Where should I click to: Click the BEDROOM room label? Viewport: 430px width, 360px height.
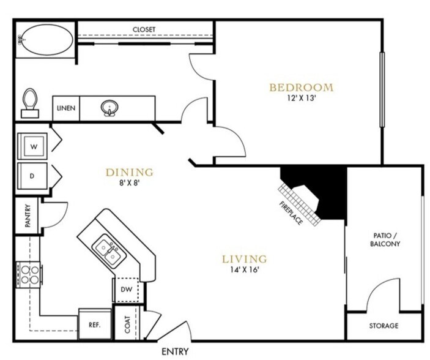tap(302, 87)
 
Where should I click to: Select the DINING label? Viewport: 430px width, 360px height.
tap(129, 172)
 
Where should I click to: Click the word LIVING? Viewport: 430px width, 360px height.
tap(244, 258)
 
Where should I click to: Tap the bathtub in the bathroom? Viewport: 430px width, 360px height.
tap(45, 41)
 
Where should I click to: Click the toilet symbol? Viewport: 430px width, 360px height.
tap(29, 102)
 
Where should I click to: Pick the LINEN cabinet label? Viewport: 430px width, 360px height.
tap(66, 108)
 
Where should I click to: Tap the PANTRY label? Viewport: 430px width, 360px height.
tap(28, 216)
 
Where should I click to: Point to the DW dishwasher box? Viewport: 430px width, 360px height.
tap(126, 289)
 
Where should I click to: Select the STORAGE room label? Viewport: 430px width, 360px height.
tap(384, 326)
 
